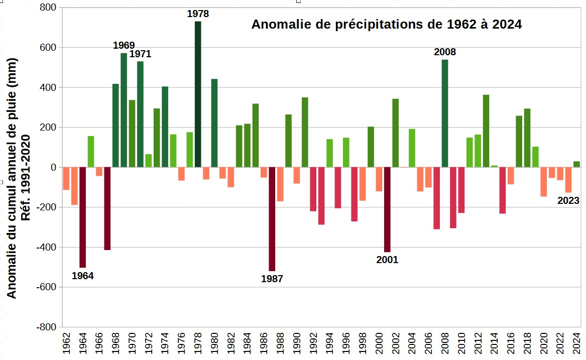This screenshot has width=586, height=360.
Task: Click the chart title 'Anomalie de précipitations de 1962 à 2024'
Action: click(x=386, y=24)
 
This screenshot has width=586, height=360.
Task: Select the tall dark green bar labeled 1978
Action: click(x=198, y=94)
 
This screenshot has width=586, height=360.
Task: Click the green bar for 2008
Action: click(x=445, y=113)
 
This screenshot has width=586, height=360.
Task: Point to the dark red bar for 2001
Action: click(x=387, y=209)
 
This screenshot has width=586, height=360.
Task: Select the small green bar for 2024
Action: click(x=576, y=164)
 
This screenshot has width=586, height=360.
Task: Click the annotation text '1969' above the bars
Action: click(x=124, y=46)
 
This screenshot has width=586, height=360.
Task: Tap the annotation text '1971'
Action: click(x=140, y=54)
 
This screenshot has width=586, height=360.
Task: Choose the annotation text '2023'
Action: click(x=568, y=201)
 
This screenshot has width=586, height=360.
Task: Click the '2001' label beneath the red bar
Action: click(x=387, y=260)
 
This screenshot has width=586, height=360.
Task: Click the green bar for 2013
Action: click(x=486, y=131)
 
